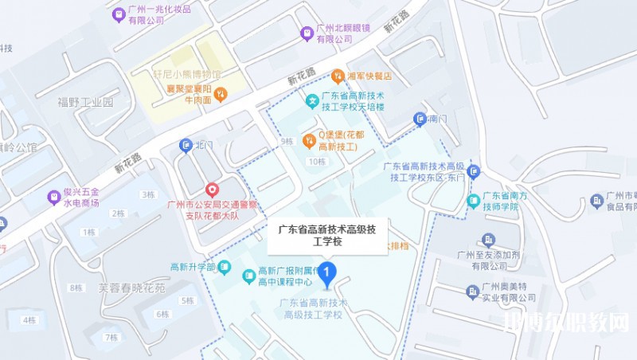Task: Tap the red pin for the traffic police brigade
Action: [212, 190]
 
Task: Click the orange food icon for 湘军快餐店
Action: [338, 76]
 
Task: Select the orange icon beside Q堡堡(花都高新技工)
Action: [309, 140]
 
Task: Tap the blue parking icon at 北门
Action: [186, 145]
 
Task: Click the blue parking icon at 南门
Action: [420, 119]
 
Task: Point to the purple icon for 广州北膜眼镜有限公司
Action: [306, 33]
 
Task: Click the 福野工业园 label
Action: [86, 102]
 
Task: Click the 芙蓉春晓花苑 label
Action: [132, 287]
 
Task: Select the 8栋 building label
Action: [76, 288]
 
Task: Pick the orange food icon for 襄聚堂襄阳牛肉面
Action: [221, 94]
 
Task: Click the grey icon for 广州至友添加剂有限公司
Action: [488, 240]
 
